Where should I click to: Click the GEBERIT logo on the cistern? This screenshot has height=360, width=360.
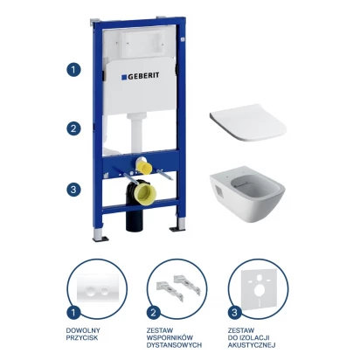pyautogui.click(x=140, y=76)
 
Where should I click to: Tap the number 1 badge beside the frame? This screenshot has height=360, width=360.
pyautogui.click(x=73, y=70)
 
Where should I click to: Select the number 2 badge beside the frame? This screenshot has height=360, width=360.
pyautogui.click(x=73, y=128)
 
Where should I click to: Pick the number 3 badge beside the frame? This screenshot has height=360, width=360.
pyautogui.click(x=73, y=190)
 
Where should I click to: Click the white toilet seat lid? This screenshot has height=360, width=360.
pyautogui.click(x=248, y=122)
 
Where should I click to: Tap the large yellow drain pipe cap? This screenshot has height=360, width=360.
pyautogui.click(x=145, y=191)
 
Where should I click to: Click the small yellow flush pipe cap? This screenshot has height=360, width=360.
pyautogui.click(x=145, y=167)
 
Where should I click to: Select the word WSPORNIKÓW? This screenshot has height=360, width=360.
pyautogui.click(x=170, y=338)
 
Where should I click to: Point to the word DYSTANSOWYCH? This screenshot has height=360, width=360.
pyautogui.click(x=174, y=345)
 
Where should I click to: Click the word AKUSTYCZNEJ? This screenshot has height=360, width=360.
pyautogui.click(x=252, y=345)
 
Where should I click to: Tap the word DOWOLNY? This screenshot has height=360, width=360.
pyautogui.click(x=83, y=330)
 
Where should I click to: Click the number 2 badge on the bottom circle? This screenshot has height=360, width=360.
pyautogui.click(x=154, y=313)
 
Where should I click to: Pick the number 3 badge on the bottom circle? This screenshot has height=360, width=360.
pyautogui.click(x=234, y=313)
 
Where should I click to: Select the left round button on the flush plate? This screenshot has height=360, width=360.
pyautogui.click(x=91, y=291)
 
